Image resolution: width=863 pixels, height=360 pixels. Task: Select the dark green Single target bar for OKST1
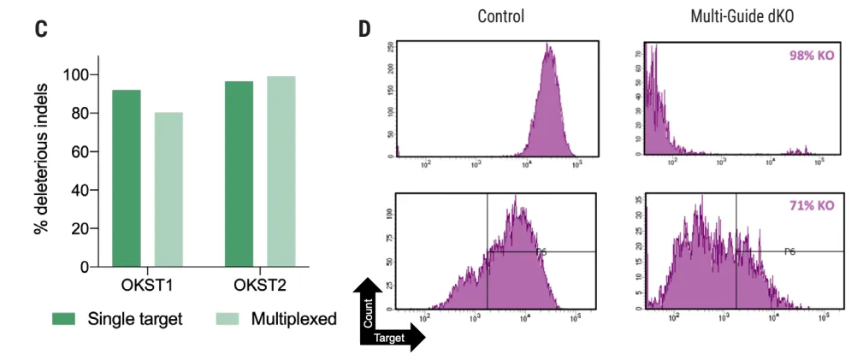(127, 178)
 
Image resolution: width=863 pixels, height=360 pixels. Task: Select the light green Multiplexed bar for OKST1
(168, 189)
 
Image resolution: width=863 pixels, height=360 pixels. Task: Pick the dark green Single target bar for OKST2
(239, 174)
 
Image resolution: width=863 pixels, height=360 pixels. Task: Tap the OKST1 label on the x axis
(147, 284)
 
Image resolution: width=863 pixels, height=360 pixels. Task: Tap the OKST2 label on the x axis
(259, 284)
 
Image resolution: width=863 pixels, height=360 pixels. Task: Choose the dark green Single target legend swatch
(64, 319)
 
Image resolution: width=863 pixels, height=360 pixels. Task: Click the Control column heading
(500, 16)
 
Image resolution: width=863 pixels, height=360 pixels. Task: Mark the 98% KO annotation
(811, 56)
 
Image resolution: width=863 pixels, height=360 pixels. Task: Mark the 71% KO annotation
(811, 206)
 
